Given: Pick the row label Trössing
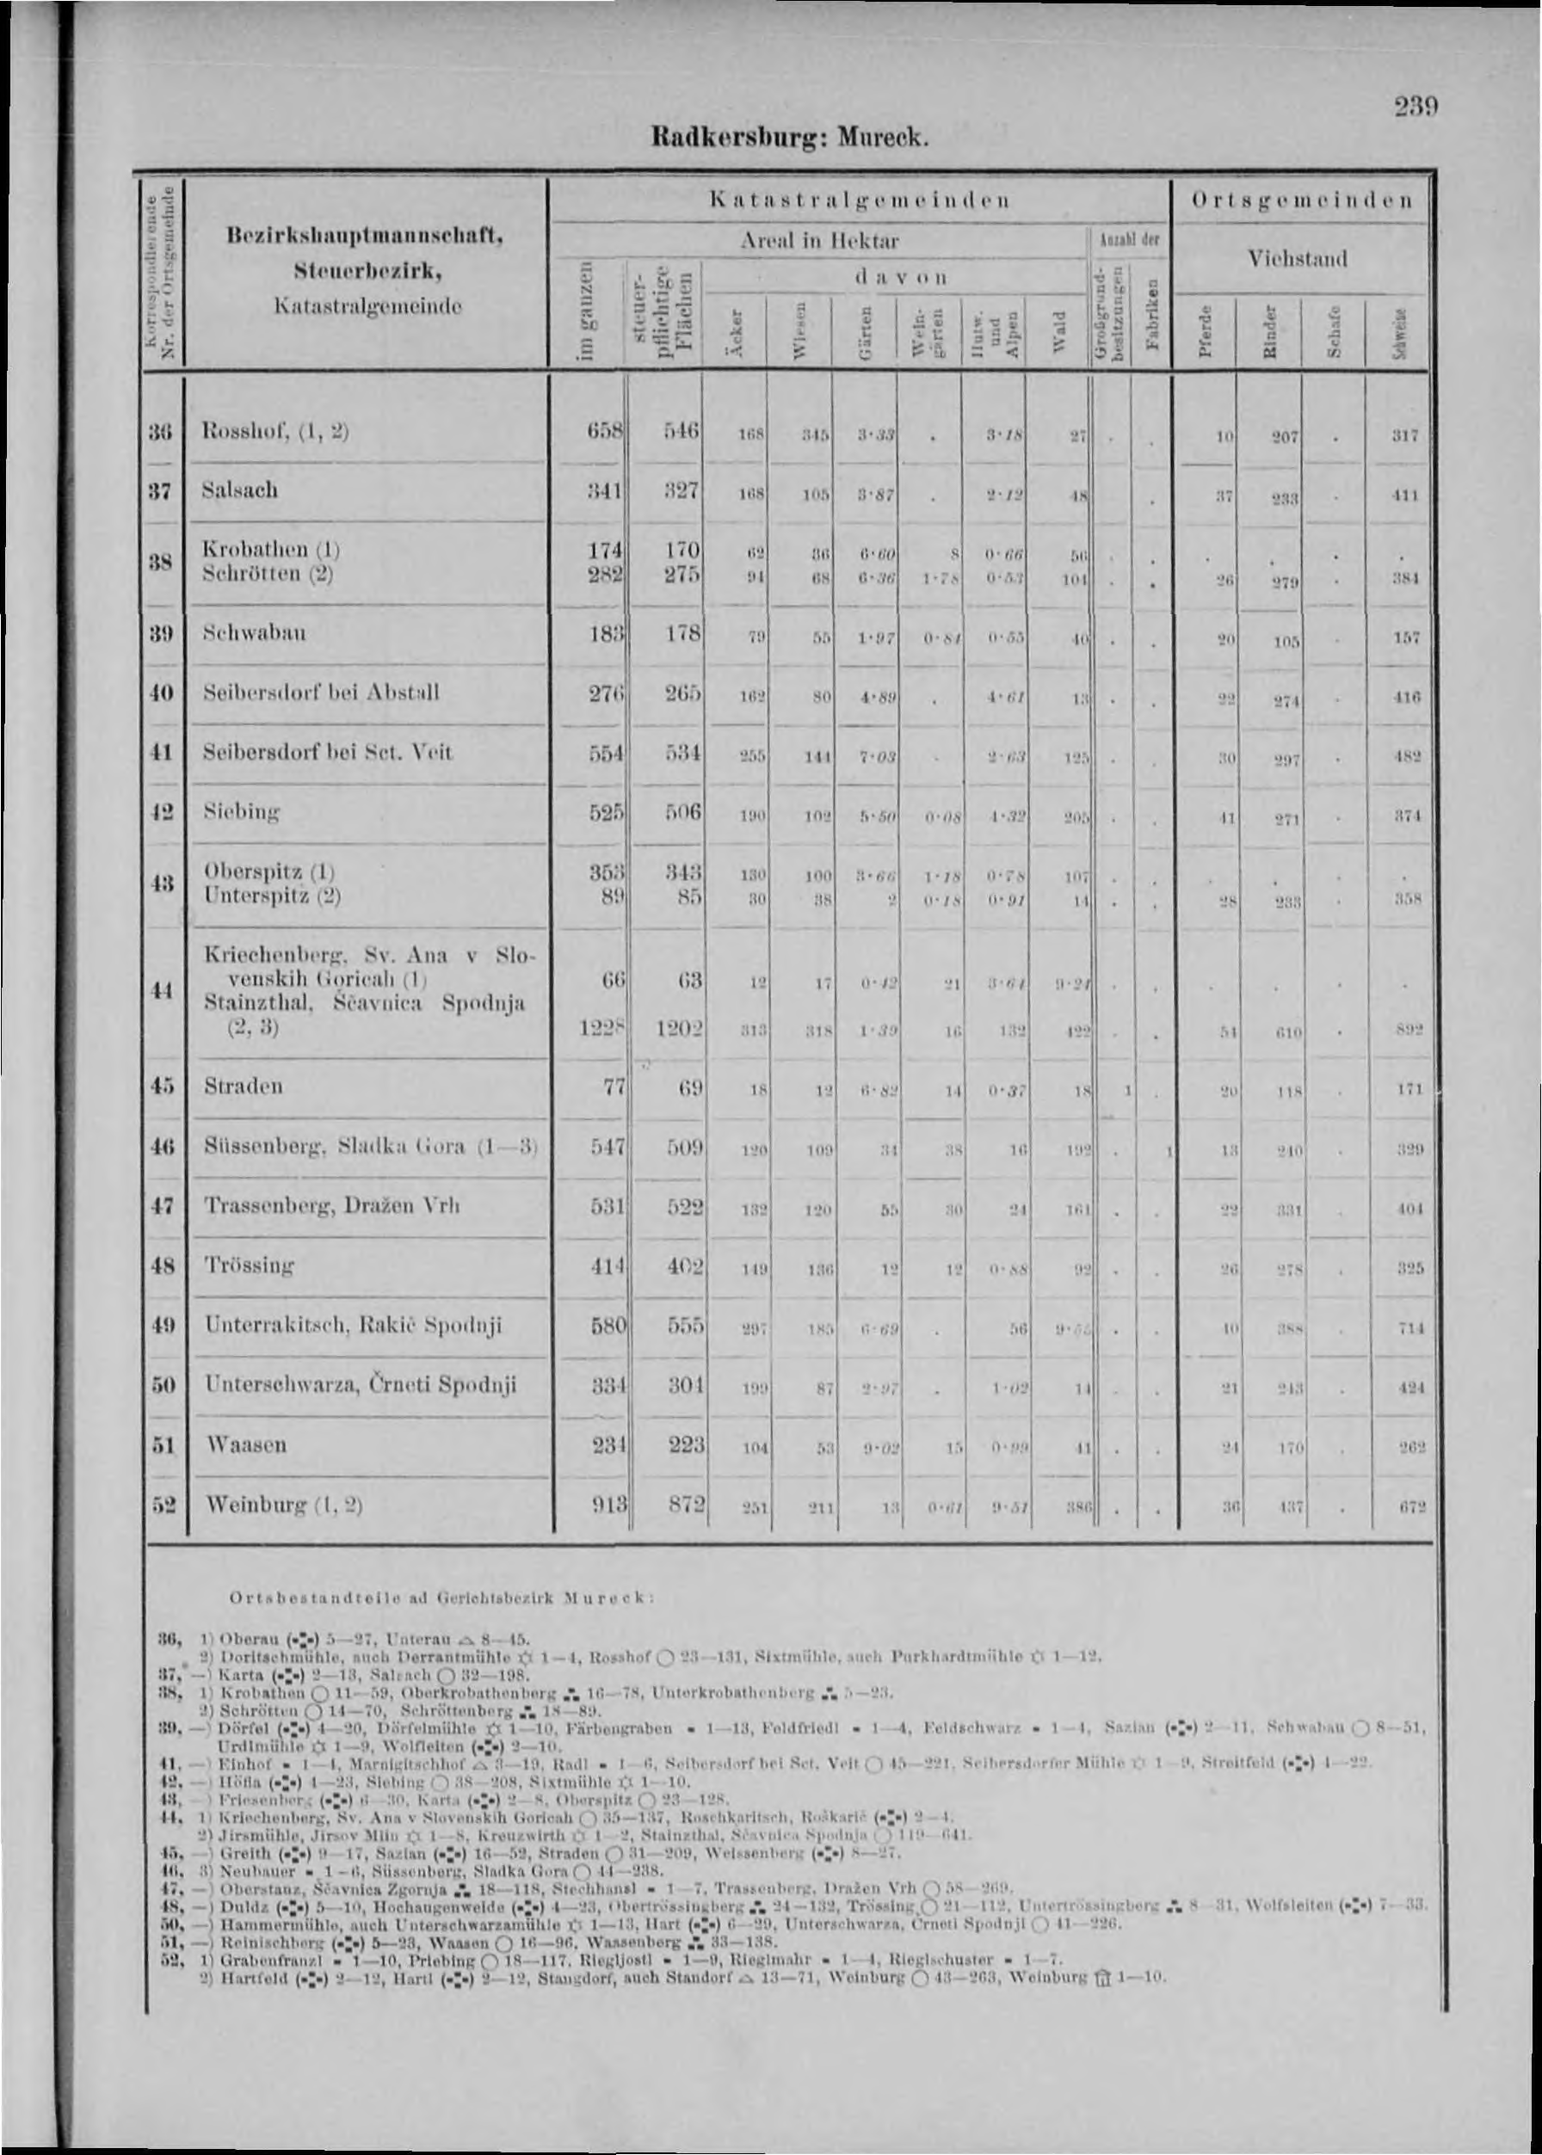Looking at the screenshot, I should click(250, 1265).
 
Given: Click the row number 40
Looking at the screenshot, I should click(164, 692).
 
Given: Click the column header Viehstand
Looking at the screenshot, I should click(1300, 259).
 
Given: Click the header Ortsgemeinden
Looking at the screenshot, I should click(1300, 201).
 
